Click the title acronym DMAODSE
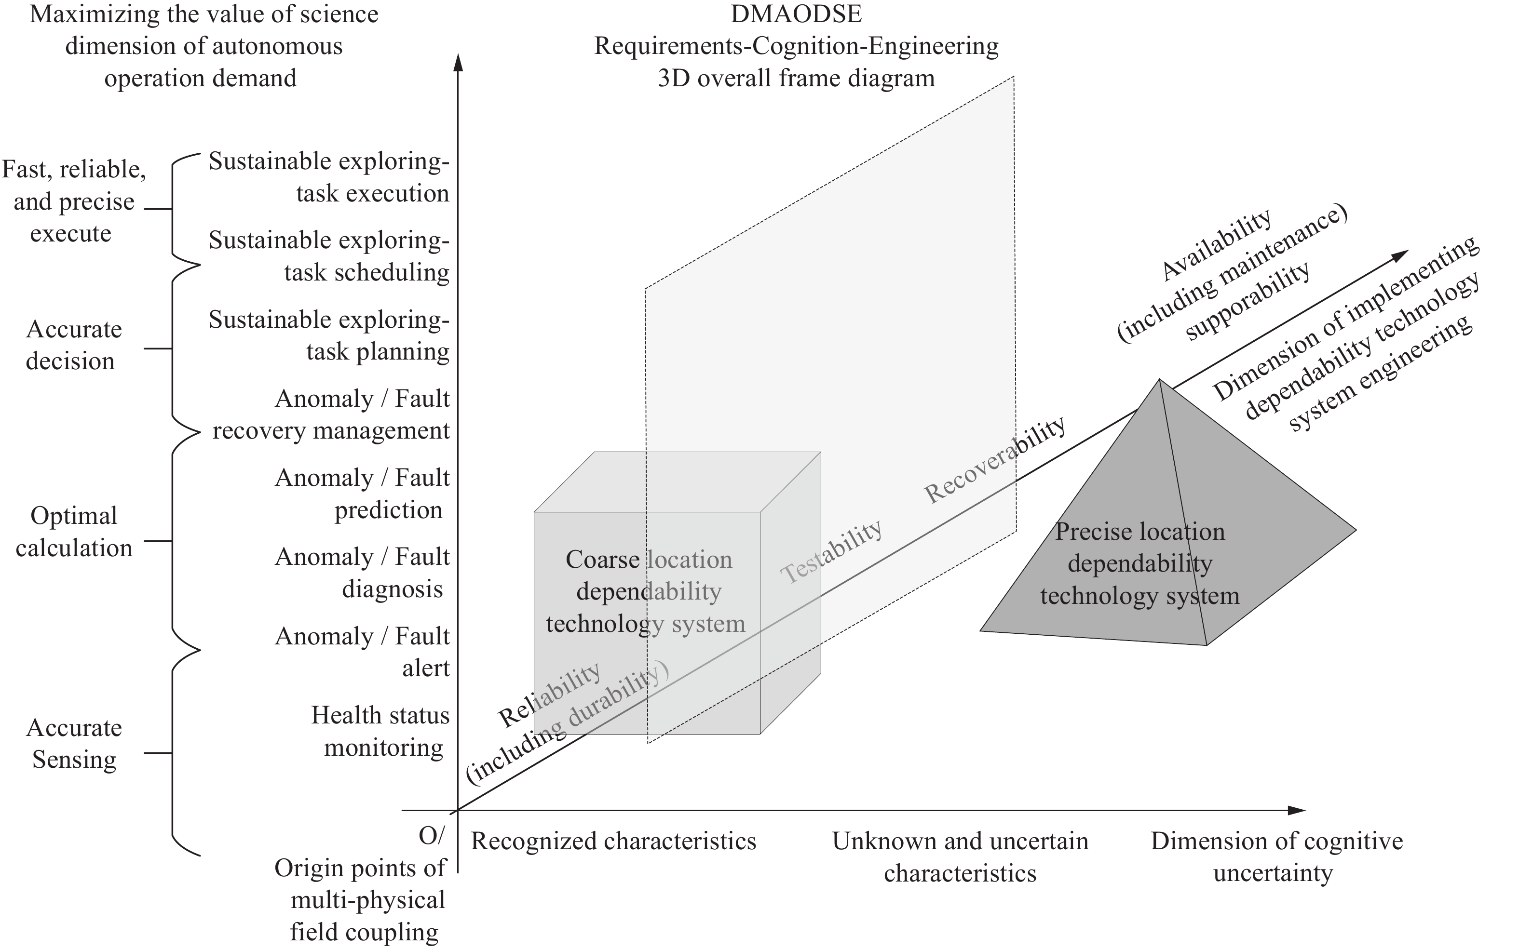tap(796, 14)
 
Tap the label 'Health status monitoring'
tap(380, 731)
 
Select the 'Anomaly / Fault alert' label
tap(362, 652)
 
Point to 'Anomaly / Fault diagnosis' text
tap(362, 573)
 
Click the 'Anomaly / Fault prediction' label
tap(362, 494)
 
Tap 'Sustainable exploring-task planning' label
tap(329, 335)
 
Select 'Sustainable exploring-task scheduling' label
tap(329, 256)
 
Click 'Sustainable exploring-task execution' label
tap(329, 177)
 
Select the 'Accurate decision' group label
tap(73, 345)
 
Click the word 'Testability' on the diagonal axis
tap(831, 552)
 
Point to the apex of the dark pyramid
tap(1159, 379)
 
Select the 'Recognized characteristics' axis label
tap(613, 841)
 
